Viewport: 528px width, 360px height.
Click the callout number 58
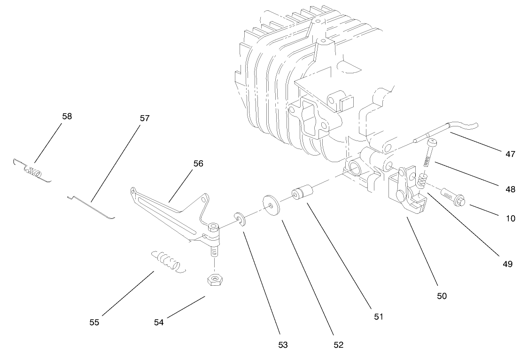coord(67,116)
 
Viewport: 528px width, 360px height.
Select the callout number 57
coord(144,118)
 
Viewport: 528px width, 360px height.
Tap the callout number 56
coord(198,163)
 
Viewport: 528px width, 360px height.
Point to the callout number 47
coord(510,154)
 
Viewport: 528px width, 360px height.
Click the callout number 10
coord(510,218)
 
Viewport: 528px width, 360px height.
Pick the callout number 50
coord(442,296)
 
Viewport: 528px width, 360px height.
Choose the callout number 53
coord(282,345)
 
